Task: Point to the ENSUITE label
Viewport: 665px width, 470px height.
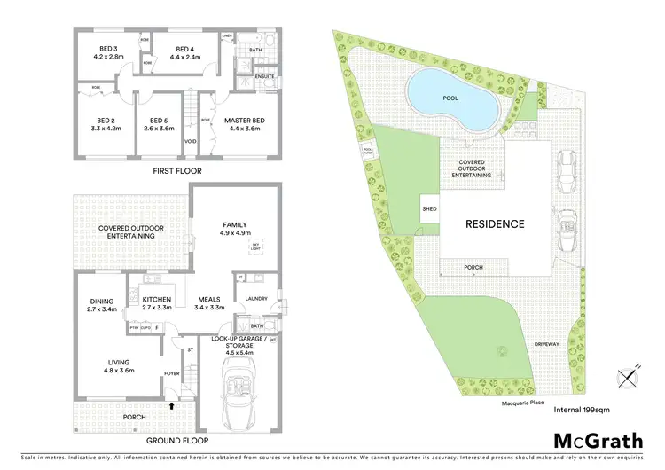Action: (x=263, y=76)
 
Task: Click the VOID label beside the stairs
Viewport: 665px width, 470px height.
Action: (x=190, y=141)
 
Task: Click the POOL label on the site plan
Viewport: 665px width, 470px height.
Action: (x=450, y=98)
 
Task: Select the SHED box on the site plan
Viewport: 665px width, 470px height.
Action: (x=429, y=210)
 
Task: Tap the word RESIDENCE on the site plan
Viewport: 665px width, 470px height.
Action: (x=496, y=224)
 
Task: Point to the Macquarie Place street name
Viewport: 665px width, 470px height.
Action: (x=516, y=402)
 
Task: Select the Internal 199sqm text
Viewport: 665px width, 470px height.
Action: (x=583, y=409)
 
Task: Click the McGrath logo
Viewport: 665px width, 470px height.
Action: (x=599, y=441)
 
